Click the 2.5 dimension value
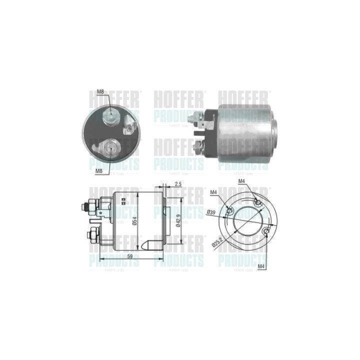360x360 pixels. [178, 184]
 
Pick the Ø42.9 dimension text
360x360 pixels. [178, 220]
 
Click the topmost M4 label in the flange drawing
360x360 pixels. [242, 181]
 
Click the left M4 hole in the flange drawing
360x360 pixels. [229, 211]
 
